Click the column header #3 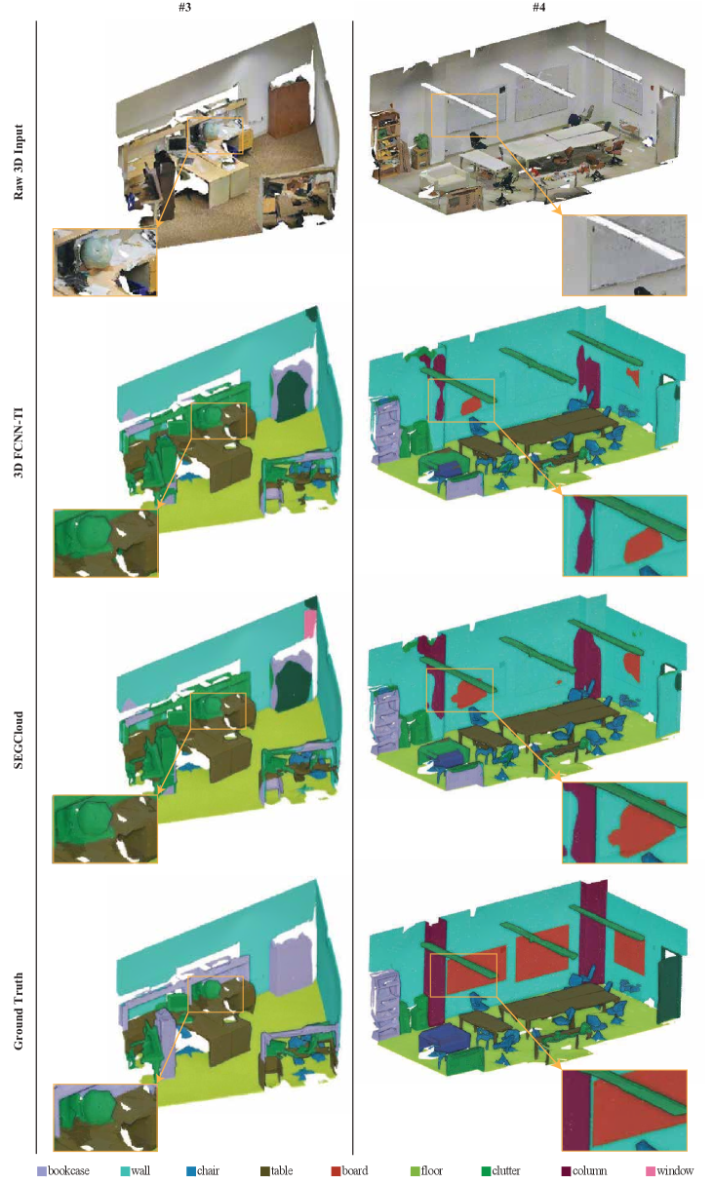(184, 7)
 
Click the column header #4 (538, 7)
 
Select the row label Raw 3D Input (19, 163)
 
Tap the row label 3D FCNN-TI (19, 442)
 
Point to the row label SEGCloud (19, 740)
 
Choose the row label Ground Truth (19, 1012)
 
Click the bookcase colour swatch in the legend (42, 1170)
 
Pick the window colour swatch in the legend (651, 1170)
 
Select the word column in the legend (589, 1170)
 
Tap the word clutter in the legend (506, 1170)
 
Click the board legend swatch (336, 1170)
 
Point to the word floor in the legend (431, 1170)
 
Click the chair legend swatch (191, 1170)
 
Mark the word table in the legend (282, 1170)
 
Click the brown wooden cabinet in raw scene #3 (289, 108)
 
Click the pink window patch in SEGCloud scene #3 (310, 624)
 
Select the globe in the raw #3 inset (94, 252)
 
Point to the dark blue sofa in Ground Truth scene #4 (443, 1036)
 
